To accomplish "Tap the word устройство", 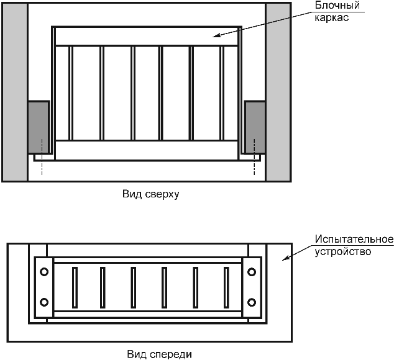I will pyautogui.click(x=342, y=252).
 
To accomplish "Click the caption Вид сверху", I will pyautogui.click(x=150, y=194).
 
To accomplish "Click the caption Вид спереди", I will pyautogui.click(x=159, y=354).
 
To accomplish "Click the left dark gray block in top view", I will pyautogui.click(x=39, y=127).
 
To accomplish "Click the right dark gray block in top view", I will pyautogui.click(x=255, y=127).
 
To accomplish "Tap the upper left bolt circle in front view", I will pyautogui.click(x=44, y=272).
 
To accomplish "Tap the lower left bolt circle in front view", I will pyautogui.click(x=44, y=302).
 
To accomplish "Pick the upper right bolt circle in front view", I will pyautogui.click(x=252, y=272).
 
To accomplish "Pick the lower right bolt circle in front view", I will pyautogui.click(x=252, y=302).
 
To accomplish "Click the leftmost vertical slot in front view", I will pyautogui.click(x=74, y=287).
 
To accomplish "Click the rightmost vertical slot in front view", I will pyautogui.click(x=226, y=287).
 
